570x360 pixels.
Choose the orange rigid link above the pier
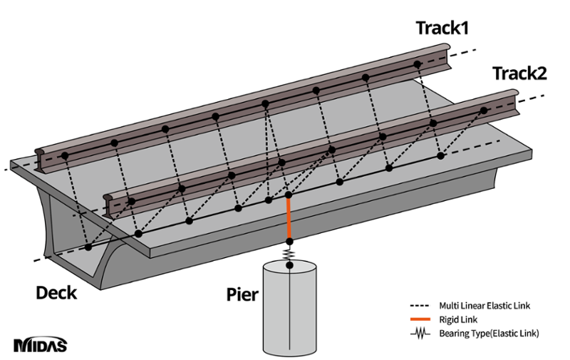point(289,218)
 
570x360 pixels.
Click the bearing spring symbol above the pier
point(289,254)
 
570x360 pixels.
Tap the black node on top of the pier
point(289,266)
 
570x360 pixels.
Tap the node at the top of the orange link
point(289,194)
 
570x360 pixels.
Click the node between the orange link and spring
point(289,242)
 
